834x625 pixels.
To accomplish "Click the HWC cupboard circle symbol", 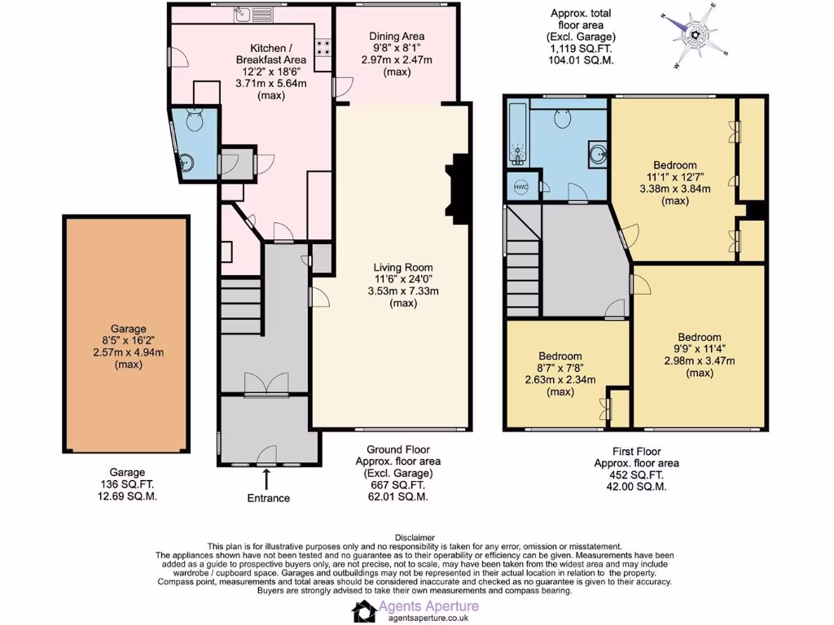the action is coord(520,187).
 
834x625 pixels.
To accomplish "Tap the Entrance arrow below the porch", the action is coord(266,479).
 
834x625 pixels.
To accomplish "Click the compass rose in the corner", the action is coord(695,36).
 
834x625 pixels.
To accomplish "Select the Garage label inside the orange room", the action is coord(128,329).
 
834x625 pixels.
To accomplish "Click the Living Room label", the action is coord(403,267).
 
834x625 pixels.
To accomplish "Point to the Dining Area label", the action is coord(397,36).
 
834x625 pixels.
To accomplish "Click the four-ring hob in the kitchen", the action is coord(323,47).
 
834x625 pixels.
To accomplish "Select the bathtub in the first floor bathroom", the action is coord(517,133).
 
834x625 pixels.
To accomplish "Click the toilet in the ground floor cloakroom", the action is coord(195,120).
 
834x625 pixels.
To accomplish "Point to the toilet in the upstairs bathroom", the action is coord(564,117).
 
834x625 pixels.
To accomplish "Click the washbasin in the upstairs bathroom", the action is coord(597,154).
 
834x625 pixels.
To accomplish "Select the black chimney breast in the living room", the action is coord(459,189).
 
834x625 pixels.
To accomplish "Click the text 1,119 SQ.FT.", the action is coord(581,48).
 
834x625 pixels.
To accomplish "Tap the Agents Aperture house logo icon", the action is coord(364,611).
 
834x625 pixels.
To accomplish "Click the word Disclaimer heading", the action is coord(415,538).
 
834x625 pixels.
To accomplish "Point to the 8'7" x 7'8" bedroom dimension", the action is coord(560,368).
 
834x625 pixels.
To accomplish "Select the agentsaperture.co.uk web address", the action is coord(428,618).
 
